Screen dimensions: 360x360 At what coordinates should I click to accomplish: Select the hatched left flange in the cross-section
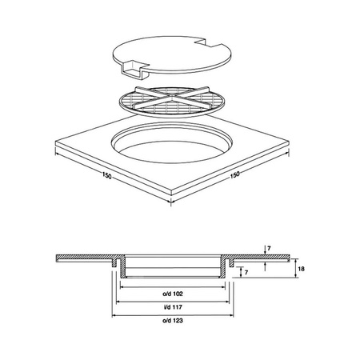click(84, 258)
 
